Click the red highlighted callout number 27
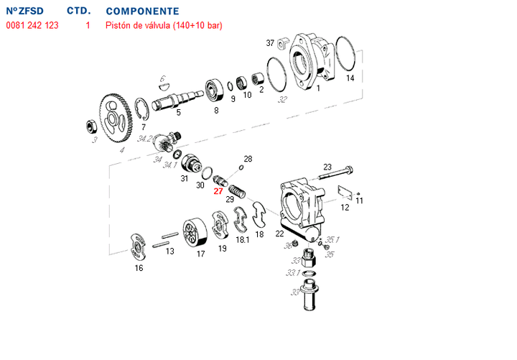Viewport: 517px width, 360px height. point(218,191)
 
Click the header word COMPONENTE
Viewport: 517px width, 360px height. point(142,12)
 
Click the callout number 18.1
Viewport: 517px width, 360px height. point(242,239)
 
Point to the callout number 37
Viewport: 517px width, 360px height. point(270,43)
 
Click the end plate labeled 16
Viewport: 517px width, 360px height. point(136,248)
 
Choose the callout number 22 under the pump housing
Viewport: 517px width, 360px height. point(280,234)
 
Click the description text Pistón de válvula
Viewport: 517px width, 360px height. point(141,26)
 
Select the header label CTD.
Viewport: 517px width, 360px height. point(78,12)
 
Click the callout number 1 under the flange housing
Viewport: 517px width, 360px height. point(318,88)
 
